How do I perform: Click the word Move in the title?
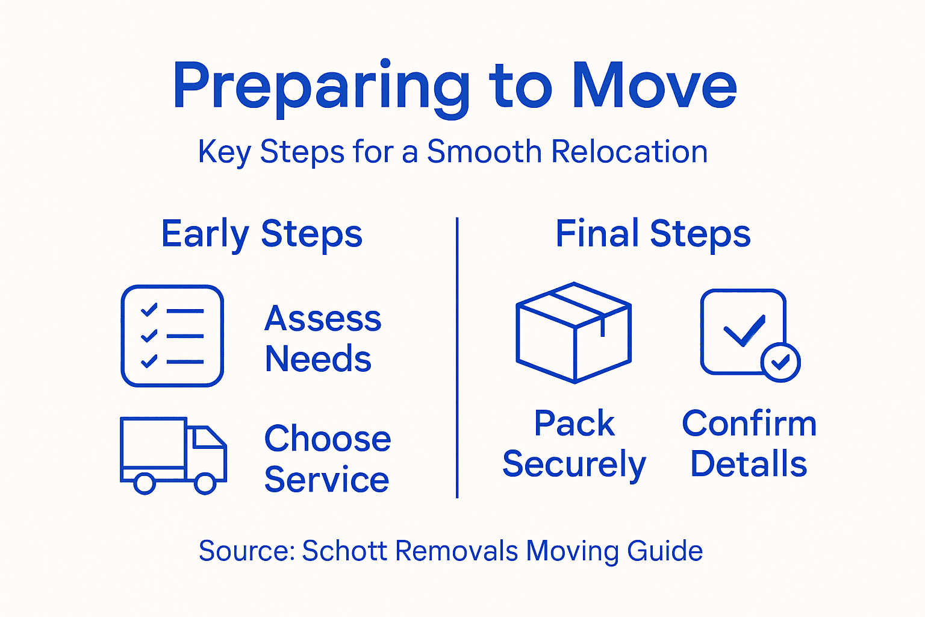click(655, 86)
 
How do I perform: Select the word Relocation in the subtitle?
click(629, 151)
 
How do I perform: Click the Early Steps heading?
click(262, 234)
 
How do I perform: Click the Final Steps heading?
click(653, 234)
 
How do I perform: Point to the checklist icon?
click(172, 336)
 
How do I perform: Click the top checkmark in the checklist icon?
click(149, 310)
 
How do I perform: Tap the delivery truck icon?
click(173, 455)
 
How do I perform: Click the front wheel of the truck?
click(205, 483)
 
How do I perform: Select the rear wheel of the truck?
click(145, 483)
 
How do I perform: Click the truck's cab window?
click(205, 438)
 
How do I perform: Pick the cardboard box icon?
click(573, 333)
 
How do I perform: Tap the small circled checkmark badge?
click(780, 362)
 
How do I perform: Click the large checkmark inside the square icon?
click(744, 331)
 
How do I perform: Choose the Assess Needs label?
click(323, 339)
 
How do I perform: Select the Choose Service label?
click(328, 459)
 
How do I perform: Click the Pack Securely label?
click(574, 443)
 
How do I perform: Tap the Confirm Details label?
click(749, 443)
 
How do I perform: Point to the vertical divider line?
click(458, 358)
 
